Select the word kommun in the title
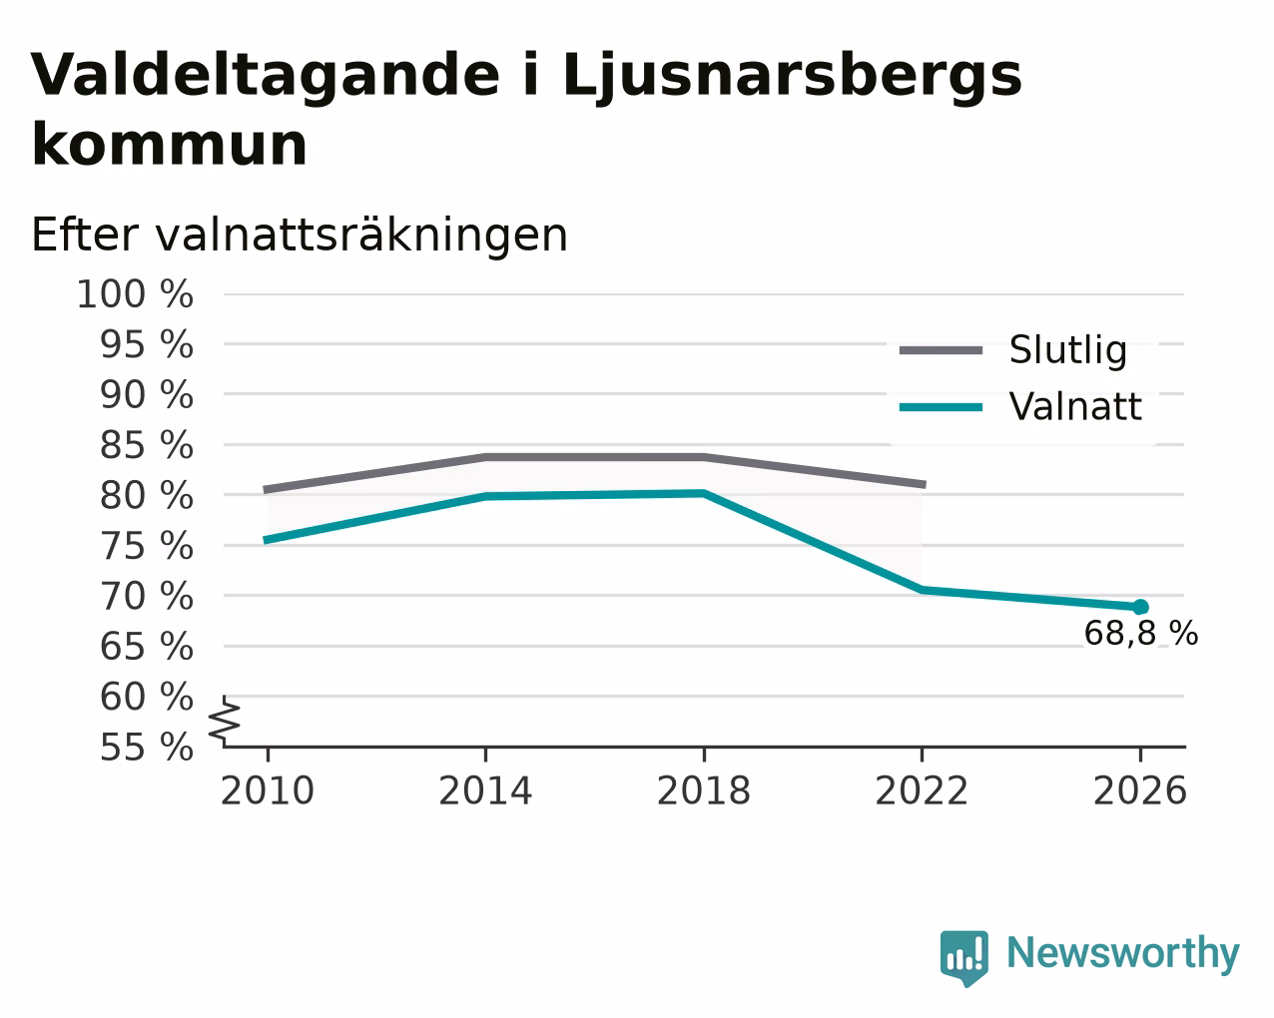coord(170,145)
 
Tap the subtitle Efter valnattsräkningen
coord(300,236)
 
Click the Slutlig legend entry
coord(1013,350)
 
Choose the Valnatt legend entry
coord(1020,406)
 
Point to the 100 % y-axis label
coord(135,294)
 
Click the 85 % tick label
coord(146,445)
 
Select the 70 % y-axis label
coord(146,596)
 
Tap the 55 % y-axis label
coord(146,747)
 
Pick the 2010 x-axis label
coord(267,790)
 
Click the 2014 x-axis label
coord(485,790)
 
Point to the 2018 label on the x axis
coord(704,790)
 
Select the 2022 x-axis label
coord(922,790)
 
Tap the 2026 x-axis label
coord(1140,790)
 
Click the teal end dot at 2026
coord(1140,607)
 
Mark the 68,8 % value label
coord(1141,634)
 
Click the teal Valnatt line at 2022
coord(922,590)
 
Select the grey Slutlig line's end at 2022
coord(925,485)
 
